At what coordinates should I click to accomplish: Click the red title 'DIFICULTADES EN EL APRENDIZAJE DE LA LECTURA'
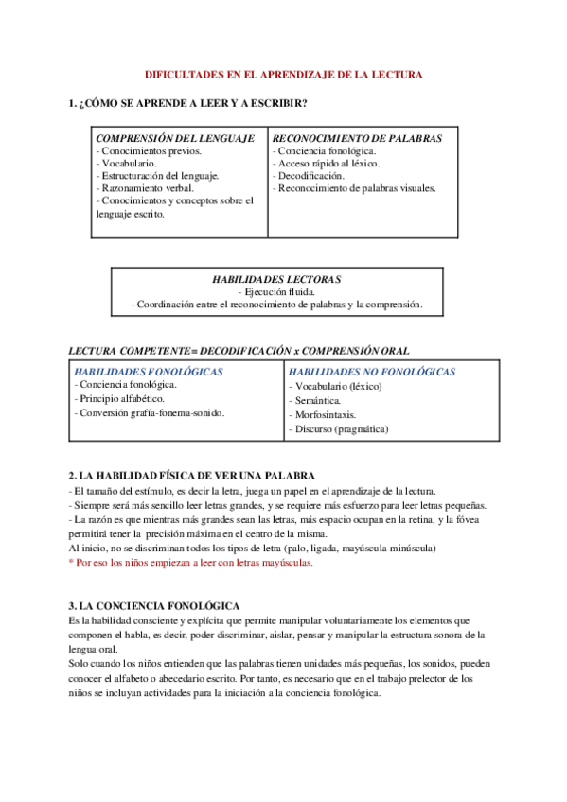click(283, 74)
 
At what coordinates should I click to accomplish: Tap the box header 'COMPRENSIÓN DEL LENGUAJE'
click(175, 138)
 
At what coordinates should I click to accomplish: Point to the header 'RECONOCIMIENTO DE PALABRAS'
click(357, 138)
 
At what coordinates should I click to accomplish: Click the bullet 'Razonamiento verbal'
click(145, 188)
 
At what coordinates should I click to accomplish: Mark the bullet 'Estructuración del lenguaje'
click(158, 176)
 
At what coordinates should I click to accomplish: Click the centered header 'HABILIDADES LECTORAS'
click(276, 280)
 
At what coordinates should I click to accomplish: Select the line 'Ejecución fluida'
click(276, 292)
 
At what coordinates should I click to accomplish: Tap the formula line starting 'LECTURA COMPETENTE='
click(239, 351)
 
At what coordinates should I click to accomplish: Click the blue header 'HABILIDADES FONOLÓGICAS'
click(149, 372)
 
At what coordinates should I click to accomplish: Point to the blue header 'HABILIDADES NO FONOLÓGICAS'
click(372, 372)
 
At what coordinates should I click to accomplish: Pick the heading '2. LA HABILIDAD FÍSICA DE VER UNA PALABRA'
click(192, 476)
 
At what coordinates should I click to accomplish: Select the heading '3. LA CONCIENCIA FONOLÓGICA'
click(154, 605)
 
